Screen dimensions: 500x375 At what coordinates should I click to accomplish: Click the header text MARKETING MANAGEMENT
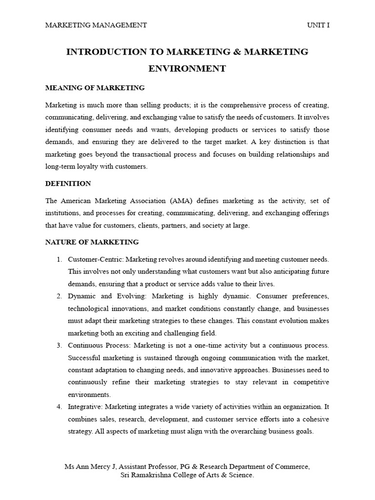[x=96, y=25]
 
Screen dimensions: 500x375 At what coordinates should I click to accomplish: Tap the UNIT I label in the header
[x=318, y=25]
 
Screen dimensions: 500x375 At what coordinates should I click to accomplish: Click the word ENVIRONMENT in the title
[x=187, y=69]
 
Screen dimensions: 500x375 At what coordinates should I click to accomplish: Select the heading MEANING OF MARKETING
[x=95, y=88]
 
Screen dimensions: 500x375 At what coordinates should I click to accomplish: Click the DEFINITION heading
[x=68, y=184]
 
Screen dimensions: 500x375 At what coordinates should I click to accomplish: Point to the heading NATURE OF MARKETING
[x=92, y=242]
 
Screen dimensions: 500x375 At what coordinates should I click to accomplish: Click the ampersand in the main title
[x=229, y=52]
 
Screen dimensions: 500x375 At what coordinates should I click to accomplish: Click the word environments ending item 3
[x=89, y=395]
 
